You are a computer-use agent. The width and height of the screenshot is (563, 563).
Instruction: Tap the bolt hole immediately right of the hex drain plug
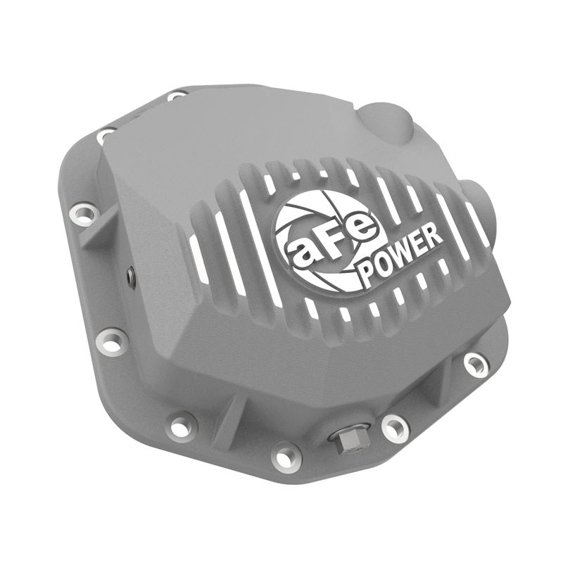tap(394, 426)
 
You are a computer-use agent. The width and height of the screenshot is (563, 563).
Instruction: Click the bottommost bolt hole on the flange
tap(286, 455)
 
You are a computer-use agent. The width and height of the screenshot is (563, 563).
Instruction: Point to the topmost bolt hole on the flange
tap(177, 95)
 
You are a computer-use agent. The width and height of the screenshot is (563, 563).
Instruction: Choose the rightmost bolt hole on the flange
tap(476, 363)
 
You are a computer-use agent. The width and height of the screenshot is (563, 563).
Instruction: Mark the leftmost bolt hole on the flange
tap(84, 213)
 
